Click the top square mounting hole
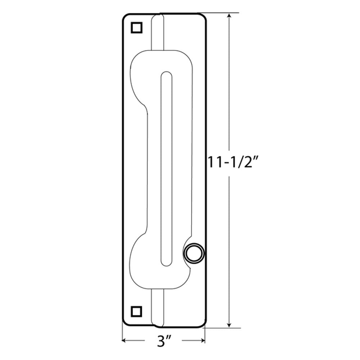pyautogui.click(x=136, y=28)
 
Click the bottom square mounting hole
pyautogui.click(x=136, y=312)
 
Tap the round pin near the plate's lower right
pyautogui.click(x=194, y=254)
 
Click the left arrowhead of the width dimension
pyautogui.click(x=124, y=340)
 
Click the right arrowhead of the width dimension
pyautogui.click(x=202, y=340)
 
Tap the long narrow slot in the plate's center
pyautogui.click(x=166, y=169)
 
